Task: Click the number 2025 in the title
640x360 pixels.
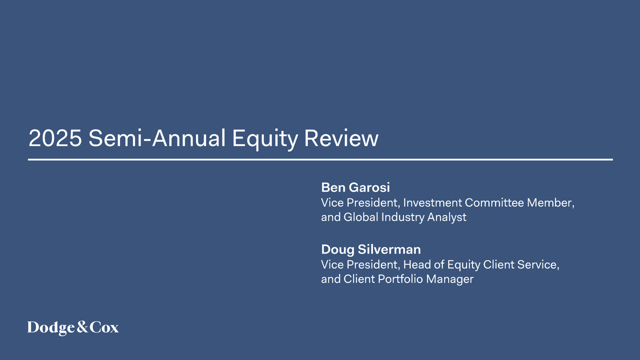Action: pos(55,138)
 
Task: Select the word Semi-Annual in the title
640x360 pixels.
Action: pos(157,138)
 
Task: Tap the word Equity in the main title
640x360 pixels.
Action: pos(265,139)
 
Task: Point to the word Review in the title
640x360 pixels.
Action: pos(341,138)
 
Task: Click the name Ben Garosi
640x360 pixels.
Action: pos(355,187)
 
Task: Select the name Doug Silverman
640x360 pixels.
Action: pos(371,249)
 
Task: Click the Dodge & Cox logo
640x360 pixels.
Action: pos(73,328)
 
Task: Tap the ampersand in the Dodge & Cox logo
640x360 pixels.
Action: pos(82,327)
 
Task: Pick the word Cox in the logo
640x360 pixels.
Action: pos(104,327)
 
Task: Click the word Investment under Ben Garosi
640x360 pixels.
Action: pos(432,203)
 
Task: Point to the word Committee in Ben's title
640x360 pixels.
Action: pos(494,203)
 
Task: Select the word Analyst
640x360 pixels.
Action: pos(446,217)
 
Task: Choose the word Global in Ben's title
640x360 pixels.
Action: pos(361,217)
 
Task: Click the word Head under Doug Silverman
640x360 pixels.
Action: pos(417,264)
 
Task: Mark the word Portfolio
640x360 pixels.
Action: pos(400,279)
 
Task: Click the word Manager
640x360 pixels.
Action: pos(449,279)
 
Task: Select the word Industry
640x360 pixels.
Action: pos(402,217)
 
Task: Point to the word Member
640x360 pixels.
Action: pos(550,203)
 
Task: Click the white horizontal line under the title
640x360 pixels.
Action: pos(320,159)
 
